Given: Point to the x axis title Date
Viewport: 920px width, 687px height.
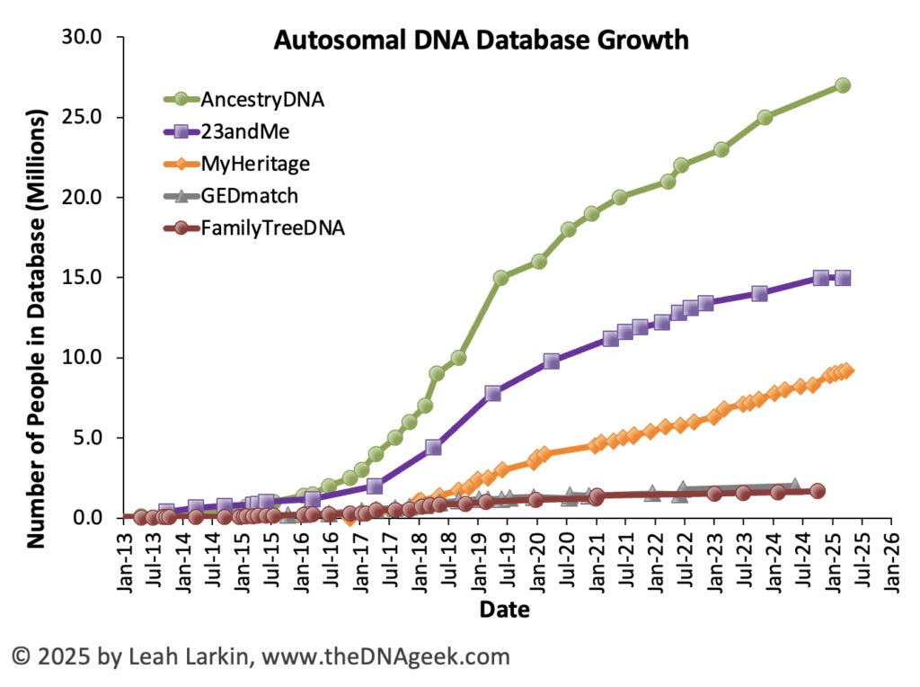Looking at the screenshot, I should (x=504, y=610).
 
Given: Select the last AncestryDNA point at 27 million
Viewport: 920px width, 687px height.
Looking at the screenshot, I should (x=843, y=85).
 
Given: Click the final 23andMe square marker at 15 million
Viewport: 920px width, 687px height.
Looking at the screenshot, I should (x=843, y=278).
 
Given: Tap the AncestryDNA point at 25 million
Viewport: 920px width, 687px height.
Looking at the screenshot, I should (x=765, y=117).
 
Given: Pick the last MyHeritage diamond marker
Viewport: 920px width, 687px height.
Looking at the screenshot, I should (x=846, y=370).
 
